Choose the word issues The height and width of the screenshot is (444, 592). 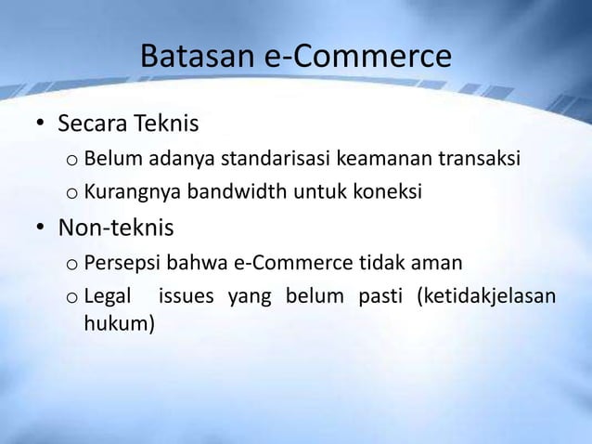[185, 298]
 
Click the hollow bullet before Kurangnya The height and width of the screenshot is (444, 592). [71, 195]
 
